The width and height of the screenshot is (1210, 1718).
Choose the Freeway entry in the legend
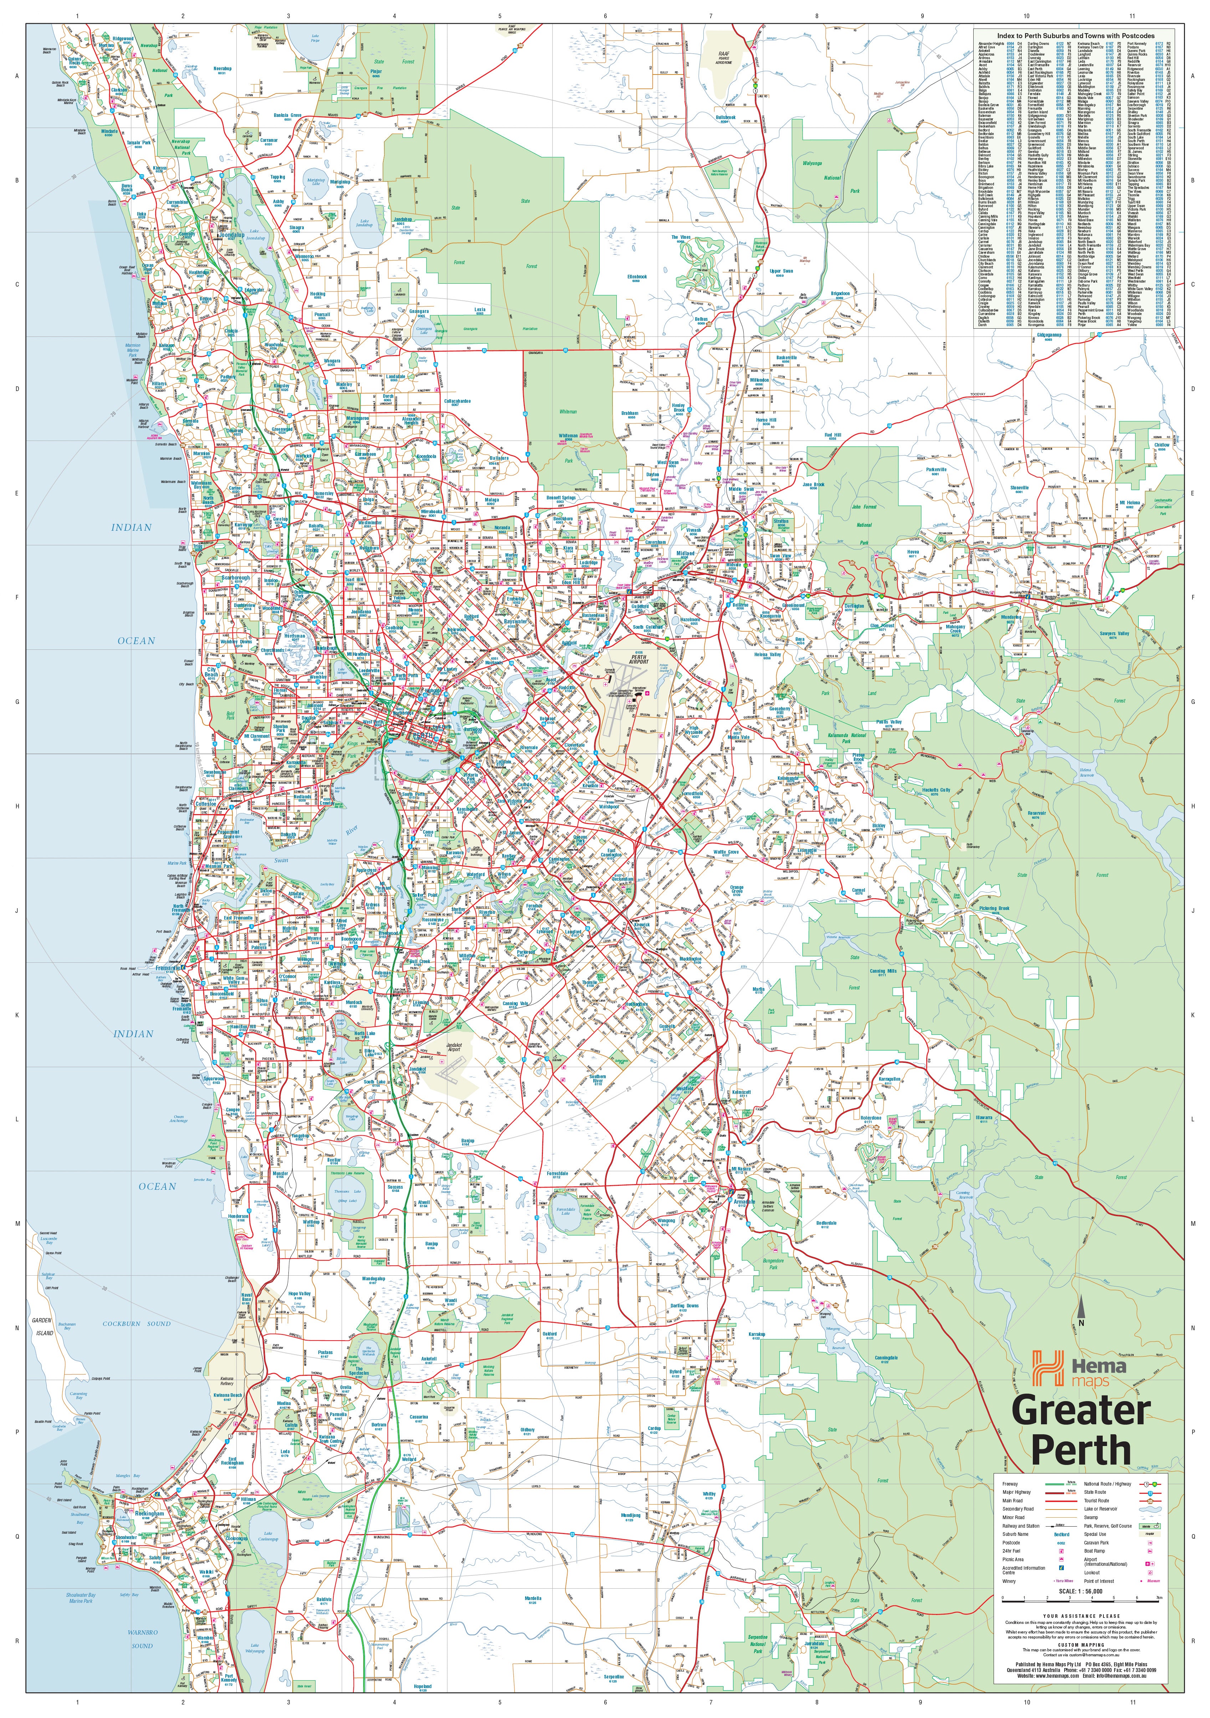[x=1010, y=1484]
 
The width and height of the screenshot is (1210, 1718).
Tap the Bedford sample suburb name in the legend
[x=1061, y=1534]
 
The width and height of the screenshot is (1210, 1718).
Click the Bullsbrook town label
[x=725, y=117]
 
